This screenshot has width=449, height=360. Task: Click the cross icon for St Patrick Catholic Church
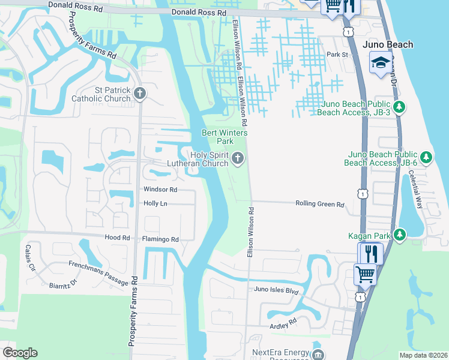(x=140, y=93)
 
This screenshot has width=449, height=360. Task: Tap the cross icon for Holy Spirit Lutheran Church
(x=238, y=158)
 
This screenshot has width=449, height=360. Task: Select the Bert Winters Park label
(x=217, y=137)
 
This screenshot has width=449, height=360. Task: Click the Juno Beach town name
(x=388, y=44)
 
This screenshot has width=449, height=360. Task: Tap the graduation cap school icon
(x=381, y=62)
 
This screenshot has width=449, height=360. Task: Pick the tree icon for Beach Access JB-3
(x=399, y=107)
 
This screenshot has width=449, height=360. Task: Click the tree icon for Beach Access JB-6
(x=426, y=158)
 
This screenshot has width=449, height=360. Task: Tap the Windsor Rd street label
(x=160, y=190)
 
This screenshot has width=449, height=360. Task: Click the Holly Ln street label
(x=155, y=204)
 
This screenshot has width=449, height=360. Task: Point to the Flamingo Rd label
(x=160, y=239)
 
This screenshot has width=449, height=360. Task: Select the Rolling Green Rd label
(x=319, y=204)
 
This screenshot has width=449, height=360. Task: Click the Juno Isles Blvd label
(x=276, y=290)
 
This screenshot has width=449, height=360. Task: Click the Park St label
(x=337, y=55)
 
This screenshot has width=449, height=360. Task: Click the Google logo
(x=20, y=353)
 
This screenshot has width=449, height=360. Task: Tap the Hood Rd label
(x=117, y=238)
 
